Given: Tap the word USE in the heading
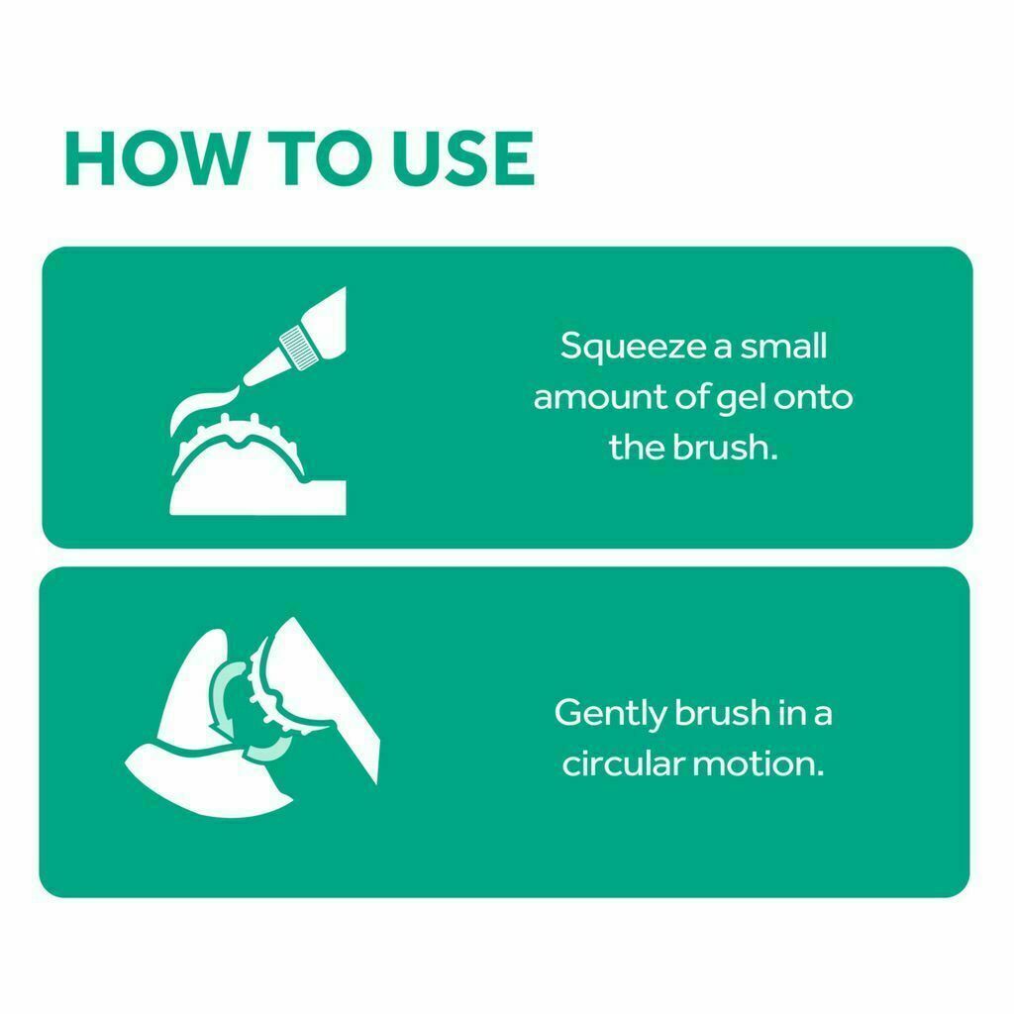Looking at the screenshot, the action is [x=463, y=158].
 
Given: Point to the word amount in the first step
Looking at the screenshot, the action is [x=599, y=397].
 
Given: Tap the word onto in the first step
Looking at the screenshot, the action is [x=813, y=397].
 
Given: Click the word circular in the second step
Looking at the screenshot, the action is [x=623, y=763].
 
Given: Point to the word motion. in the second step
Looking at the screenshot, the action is [x=759, y=763].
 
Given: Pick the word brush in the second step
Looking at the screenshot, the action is [x=721, y=713].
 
